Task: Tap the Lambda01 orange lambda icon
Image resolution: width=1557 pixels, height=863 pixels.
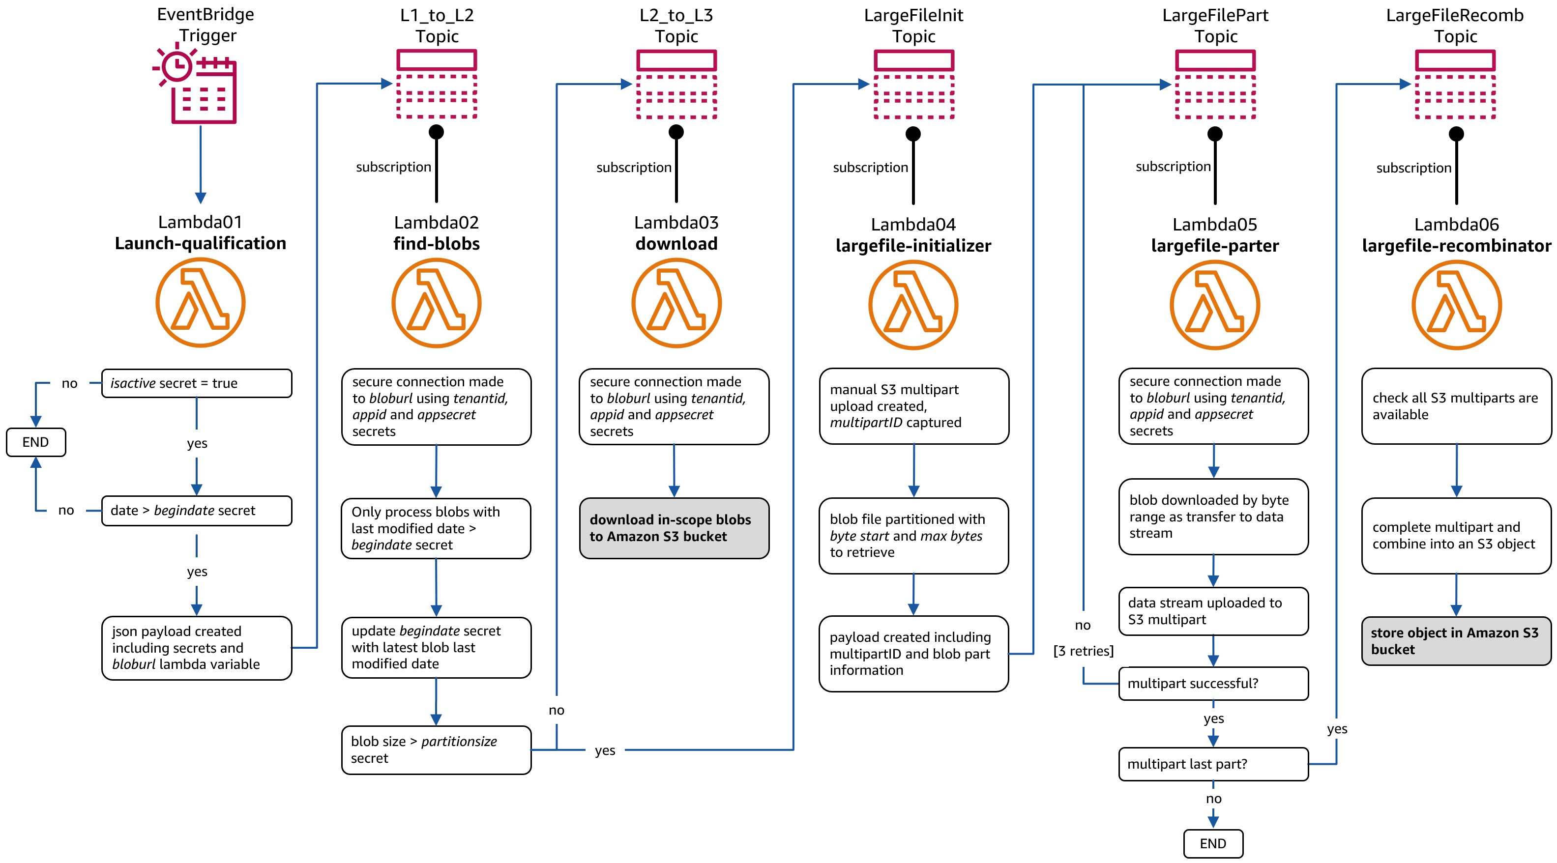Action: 200,302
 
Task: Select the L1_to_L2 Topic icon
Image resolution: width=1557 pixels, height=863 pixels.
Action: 437,85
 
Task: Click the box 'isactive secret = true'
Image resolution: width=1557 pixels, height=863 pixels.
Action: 197,383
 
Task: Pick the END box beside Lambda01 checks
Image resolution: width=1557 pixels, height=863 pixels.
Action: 36,442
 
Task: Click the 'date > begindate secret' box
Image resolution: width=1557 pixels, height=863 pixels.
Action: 197,511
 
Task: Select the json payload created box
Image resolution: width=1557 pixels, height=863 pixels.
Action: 197,648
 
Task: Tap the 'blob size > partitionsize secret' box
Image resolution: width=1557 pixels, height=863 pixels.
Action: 436,749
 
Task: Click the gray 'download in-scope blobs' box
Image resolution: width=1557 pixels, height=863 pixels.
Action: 674,528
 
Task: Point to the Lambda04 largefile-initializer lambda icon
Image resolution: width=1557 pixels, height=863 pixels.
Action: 912,305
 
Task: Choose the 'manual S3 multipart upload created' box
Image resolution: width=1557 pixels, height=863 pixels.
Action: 913,406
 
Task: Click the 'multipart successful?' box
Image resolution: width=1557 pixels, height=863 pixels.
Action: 1213,684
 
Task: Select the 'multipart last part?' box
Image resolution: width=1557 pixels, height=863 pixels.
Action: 1213,764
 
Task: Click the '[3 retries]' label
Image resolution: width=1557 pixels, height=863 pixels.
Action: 1083,651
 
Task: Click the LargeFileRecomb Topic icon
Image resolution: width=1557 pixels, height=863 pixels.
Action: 1455,85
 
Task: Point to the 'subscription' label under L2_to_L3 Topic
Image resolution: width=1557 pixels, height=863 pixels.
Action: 633,168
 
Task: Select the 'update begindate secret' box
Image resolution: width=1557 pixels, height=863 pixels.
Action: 436,647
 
